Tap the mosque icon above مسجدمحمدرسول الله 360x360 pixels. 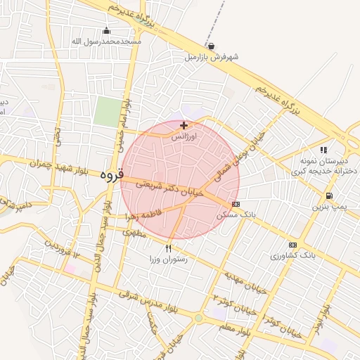tap(106, 30)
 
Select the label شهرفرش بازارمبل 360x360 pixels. tap(210, 57)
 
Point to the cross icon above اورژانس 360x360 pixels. tap(184, 125)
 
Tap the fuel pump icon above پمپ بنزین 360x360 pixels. tap(328, 195)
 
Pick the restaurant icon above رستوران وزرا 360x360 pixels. tap(168, 248)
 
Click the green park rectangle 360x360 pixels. tap(108, 112)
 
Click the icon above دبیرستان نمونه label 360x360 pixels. tap(323, 150)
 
